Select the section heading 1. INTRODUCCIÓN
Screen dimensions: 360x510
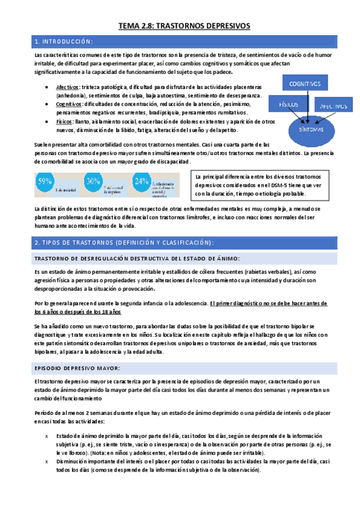tap(64, 41)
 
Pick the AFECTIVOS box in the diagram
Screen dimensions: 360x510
tap(334, 106)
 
